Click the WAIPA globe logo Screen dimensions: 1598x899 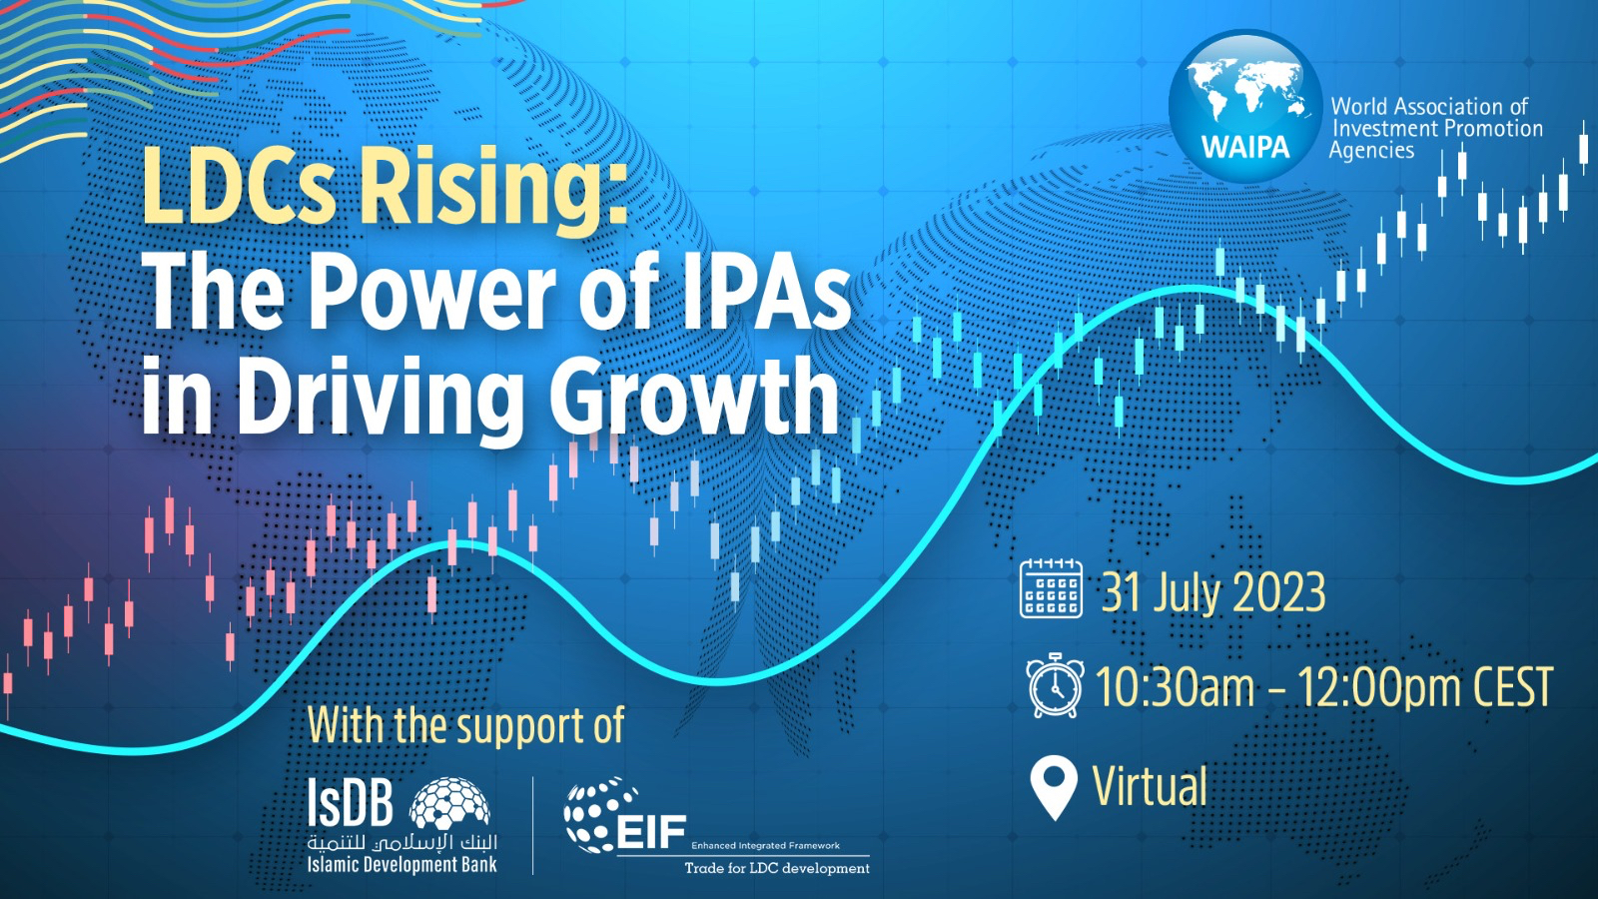[1244, 106]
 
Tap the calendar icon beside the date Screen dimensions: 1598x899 [1051, 588]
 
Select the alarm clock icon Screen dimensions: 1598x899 [1055, 684]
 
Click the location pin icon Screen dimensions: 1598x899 [1054, 789]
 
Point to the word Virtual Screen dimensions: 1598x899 [1150, 785]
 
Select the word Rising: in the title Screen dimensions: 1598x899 [492, 186]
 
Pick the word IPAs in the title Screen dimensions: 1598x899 [767, 293]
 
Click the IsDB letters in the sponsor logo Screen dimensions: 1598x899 [351, 801]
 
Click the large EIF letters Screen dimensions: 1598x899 [650, 833]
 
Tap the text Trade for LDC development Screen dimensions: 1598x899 [777, 868]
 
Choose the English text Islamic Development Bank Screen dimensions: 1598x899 [402, 865]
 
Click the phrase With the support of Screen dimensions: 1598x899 [465, 725]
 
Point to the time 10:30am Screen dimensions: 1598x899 [1175, 686]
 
